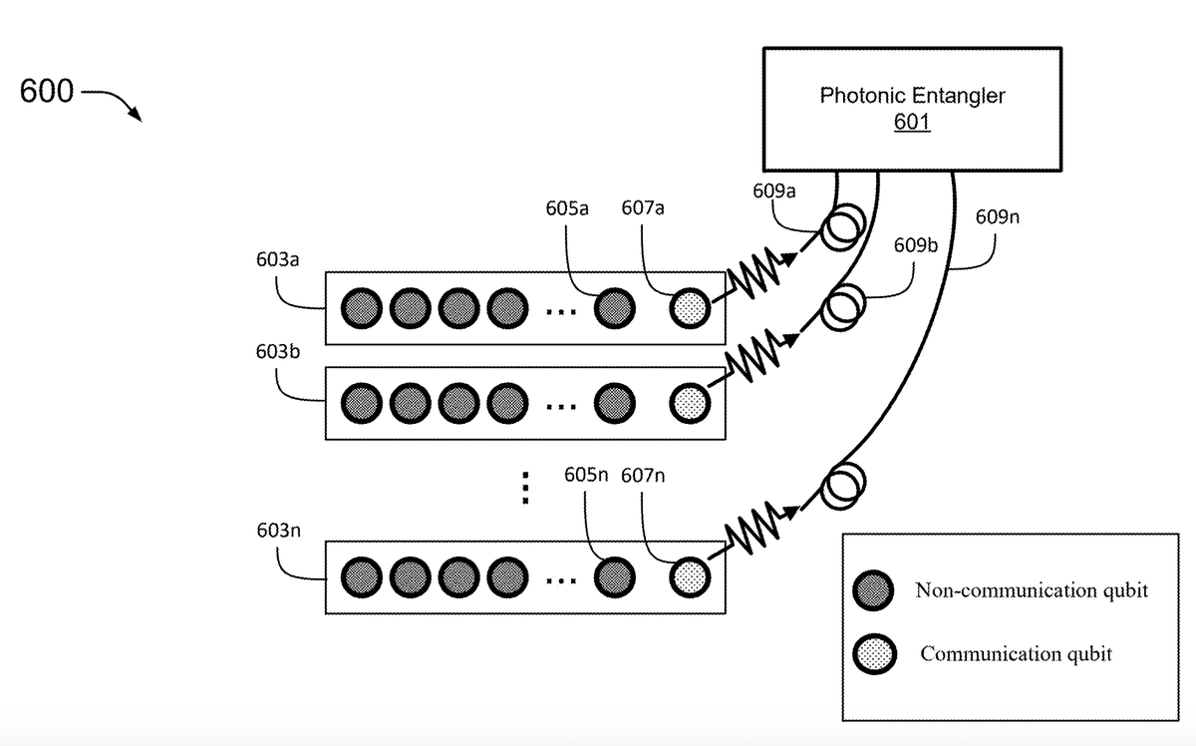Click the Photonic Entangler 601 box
tap(911, 108)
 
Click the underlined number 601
tap(912, 124)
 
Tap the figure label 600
tap(46, 92)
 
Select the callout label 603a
tap(278, 259)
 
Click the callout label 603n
tap(278, 529)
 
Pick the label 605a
tap(567, 208)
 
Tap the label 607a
tap(643, 208)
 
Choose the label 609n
tap(997, 216)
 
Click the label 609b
tap(916, 244)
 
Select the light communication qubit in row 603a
tap(689, 308)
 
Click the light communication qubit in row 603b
tap(689, 404)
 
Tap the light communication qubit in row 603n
tap(689, 575)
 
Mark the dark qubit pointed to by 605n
tap(613, 575)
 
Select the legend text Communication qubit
tap(1016, 654)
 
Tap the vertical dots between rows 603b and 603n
tap(525, 488)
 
